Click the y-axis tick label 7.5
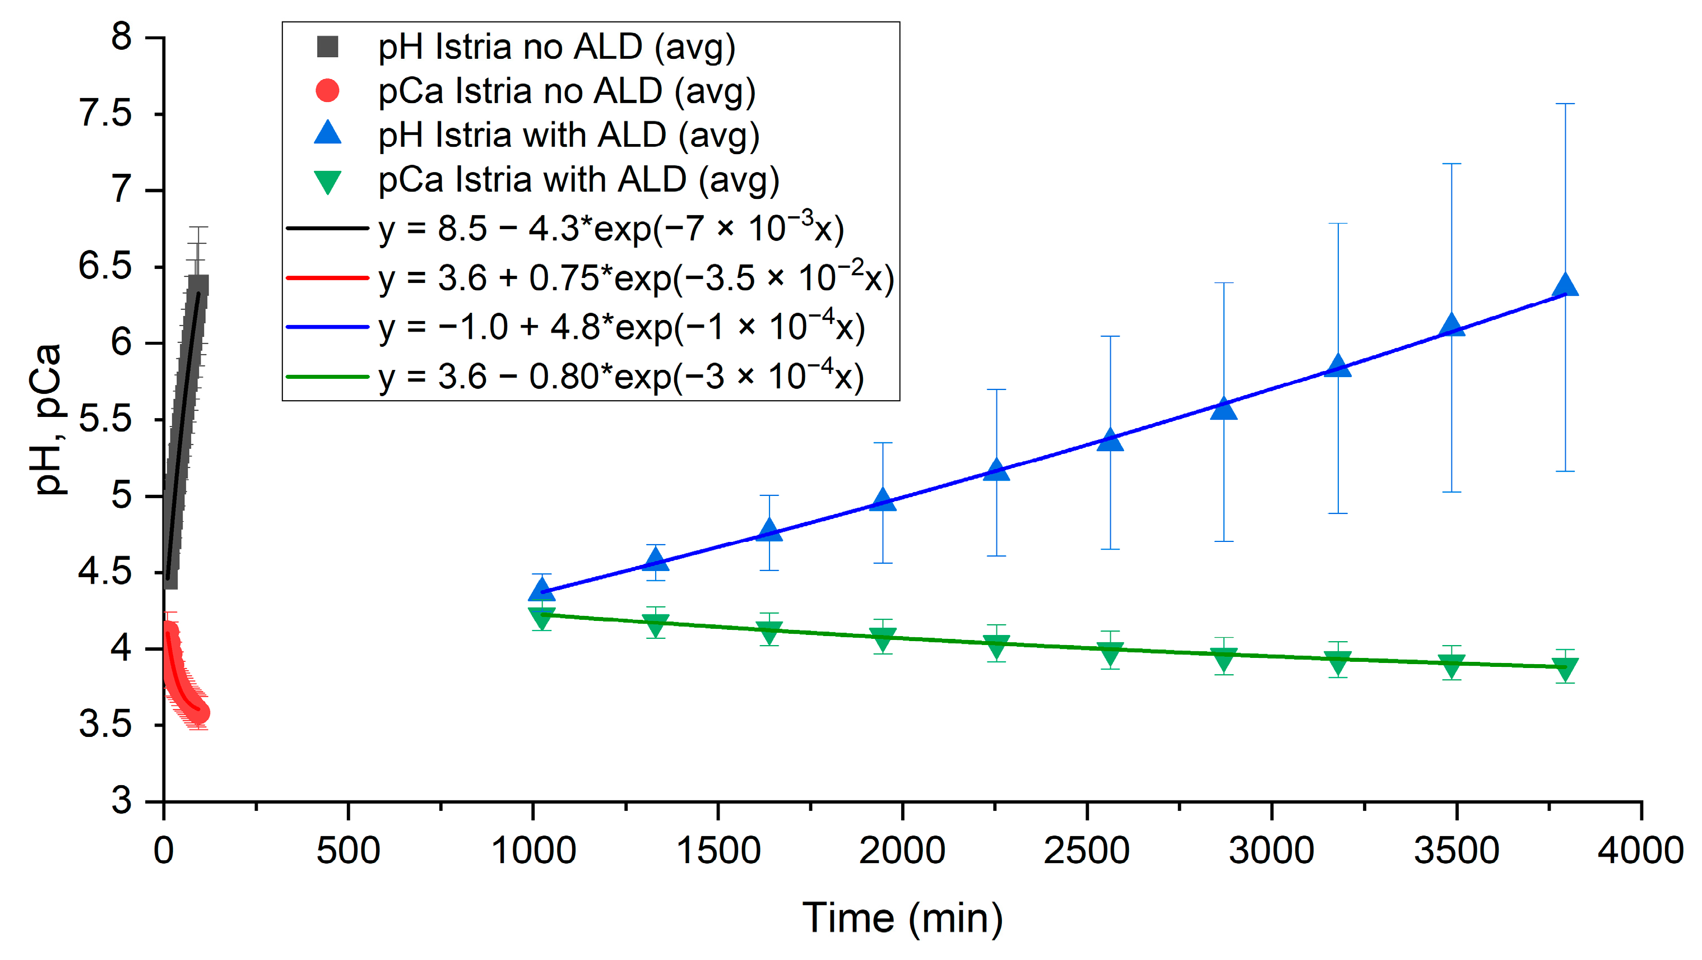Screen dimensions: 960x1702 coord(106,114)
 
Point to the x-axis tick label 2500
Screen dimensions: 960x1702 coord(1086,851)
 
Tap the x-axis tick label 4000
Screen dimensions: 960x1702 coord(1640,851)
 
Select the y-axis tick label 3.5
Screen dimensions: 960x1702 coord(106,725)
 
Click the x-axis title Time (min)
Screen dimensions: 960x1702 coord(902,919)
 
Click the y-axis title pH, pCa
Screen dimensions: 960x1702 coord(48,420)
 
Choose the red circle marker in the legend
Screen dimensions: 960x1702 coord(328,91)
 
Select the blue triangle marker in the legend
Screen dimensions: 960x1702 coord(328,133)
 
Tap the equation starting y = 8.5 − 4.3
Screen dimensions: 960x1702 coord(611,229)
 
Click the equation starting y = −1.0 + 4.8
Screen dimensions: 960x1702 coord(621,328)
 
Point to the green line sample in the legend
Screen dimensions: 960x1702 coord(327,377)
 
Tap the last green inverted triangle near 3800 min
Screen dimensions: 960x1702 coord(1565,669)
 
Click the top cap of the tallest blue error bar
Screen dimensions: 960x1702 coord(1565,104)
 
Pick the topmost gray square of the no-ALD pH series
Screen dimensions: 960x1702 coord(198,285)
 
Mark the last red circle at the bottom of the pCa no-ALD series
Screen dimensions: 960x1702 coord(200,713)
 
